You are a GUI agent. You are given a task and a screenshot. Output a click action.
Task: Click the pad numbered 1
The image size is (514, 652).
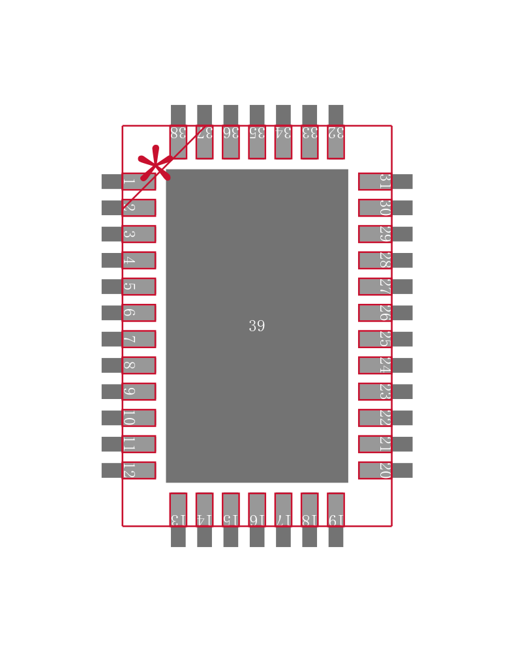[138, 181]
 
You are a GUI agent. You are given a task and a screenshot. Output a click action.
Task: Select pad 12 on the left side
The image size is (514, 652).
[138, 470]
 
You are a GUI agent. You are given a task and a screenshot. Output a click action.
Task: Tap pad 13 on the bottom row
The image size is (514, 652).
[178, 509]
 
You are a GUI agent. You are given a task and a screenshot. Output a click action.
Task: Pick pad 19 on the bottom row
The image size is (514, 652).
[335, 509]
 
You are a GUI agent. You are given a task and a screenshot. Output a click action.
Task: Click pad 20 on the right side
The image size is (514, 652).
[375, 470]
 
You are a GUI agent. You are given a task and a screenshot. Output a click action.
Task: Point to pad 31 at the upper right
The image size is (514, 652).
[375, 181]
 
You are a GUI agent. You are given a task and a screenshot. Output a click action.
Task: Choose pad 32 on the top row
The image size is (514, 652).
[335, 142]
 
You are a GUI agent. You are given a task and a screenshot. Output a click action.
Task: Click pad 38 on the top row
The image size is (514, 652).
[178, 142]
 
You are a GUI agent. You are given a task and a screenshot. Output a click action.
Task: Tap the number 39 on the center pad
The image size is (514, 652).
[256, 326]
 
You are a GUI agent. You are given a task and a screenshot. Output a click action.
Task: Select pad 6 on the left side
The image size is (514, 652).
[138, 313]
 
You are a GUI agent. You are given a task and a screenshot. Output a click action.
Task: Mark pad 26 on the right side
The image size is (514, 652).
[375, 313]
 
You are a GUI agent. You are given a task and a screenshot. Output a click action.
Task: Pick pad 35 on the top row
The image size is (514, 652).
[257, 142]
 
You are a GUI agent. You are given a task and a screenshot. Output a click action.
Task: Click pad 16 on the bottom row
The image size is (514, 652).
[257, 509]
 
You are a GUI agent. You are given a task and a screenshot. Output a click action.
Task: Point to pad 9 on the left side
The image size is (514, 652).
[138, 391]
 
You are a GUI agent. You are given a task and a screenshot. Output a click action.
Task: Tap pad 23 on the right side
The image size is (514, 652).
[375, 391]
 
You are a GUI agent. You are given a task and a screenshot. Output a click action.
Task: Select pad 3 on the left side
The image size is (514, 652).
[138, 234]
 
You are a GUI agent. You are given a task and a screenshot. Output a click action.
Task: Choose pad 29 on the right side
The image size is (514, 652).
[375, 234]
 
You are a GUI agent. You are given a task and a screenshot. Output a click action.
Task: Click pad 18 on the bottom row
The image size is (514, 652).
[309, 509]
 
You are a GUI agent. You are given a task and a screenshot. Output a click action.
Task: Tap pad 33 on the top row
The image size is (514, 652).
[309, 142]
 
